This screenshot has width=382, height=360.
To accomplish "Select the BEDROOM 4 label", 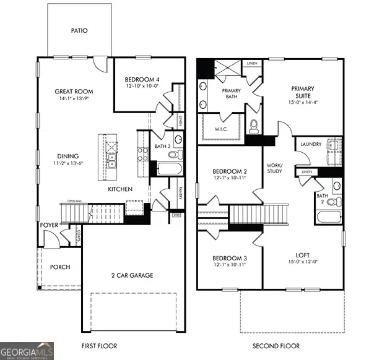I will [x=142, y=80].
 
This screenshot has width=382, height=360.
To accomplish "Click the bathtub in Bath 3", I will [x=168, y=168].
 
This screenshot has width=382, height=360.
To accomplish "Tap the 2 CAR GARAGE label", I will [x=132, y=275].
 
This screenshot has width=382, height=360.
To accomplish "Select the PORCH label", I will [x=60, y=267].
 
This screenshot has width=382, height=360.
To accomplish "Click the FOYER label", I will [x=50, y=225].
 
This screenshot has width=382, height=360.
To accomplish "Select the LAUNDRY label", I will [x=311, y=144].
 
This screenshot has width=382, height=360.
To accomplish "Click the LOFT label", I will [x=303, y=254].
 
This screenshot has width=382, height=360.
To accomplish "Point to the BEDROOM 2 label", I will [x=230, y=171].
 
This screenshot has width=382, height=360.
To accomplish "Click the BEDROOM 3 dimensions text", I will [x=230, y=264].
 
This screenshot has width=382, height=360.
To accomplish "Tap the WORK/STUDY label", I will [x=274, y=168].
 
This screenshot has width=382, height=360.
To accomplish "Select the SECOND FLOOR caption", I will [x=277, y=346].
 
